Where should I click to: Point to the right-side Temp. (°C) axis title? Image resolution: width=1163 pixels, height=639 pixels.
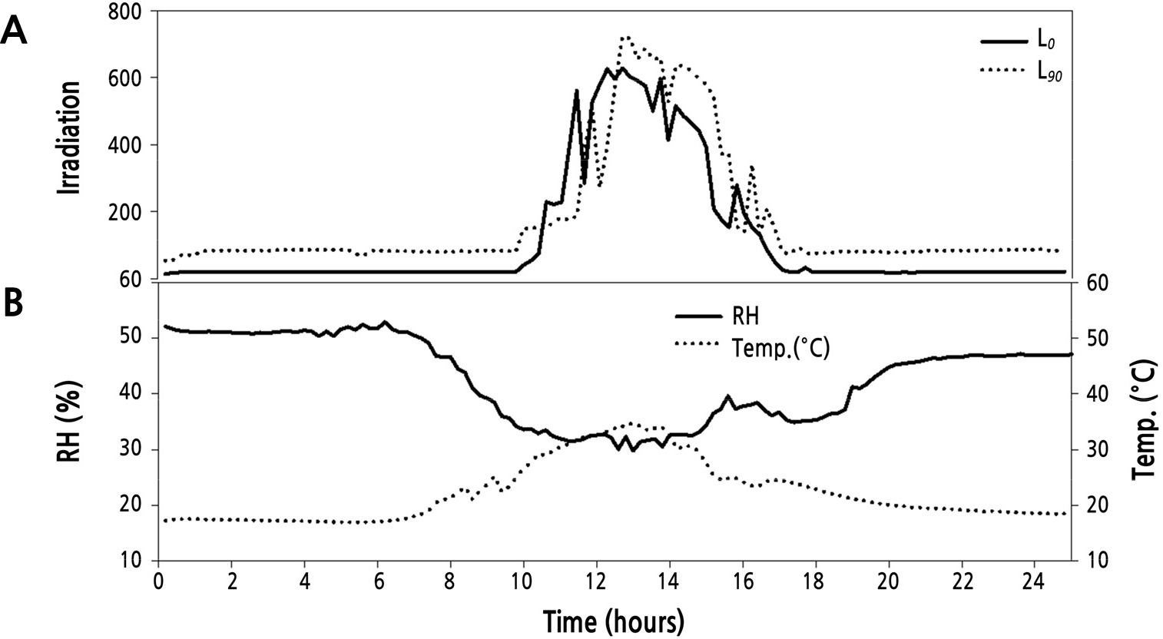[x=1144, y=420]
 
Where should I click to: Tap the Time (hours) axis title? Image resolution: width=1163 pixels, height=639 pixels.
[x=613, y=621]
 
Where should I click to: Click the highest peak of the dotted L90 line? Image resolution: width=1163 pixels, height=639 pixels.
[x=625, y=37]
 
